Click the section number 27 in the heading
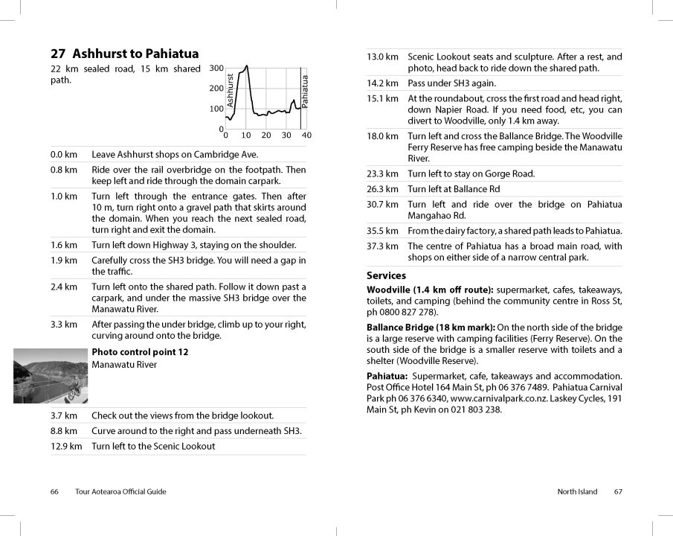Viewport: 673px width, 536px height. [58, 54]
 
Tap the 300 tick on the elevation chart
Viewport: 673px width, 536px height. [216, 68]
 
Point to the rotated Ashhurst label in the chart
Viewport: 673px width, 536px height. [231, 89]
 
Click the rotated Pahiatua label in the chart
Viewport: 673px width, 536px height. [305, 92]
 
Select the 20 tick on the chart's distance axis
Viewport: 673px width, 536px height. [266, 135]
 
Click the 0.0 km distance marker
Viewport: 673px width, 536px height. [64, 155]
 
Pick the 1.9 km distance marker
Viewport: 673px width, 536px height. [64, 261]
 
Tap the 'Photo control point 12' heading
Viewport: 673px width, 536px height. [140, 352]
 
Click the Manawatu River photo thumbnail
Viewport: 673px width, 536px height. [51, 376]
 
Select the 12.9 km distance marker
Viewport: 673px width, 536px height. [66, 447]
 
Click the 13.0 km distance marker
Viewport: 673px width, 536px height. [383, 57]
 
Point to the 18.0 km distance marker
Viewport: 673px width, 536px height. [383, 136]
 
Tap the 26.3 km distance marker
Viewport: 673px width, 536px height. [383, 189]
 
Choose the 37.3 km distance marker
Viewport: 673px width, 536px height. [383, 246]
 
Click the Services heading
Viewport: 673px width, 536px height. [386, 275]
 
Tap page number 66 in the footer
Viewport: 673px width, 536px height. [54, 491]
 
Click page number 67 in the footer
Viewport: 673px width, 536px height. [619, 491]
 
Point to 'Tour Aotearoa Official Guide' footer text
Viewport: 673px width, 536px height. [120, 491]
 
